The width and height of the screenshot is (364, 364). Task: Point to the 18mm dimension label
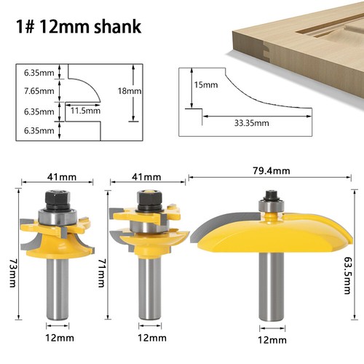click(151, 92)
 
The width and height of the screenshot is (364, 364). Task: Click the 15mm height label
click(206, 85)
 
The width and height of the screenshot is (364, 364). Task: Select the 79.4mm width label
click(272, 170)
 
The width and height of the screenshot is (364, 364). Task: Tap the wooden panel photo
click(295, 36)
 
